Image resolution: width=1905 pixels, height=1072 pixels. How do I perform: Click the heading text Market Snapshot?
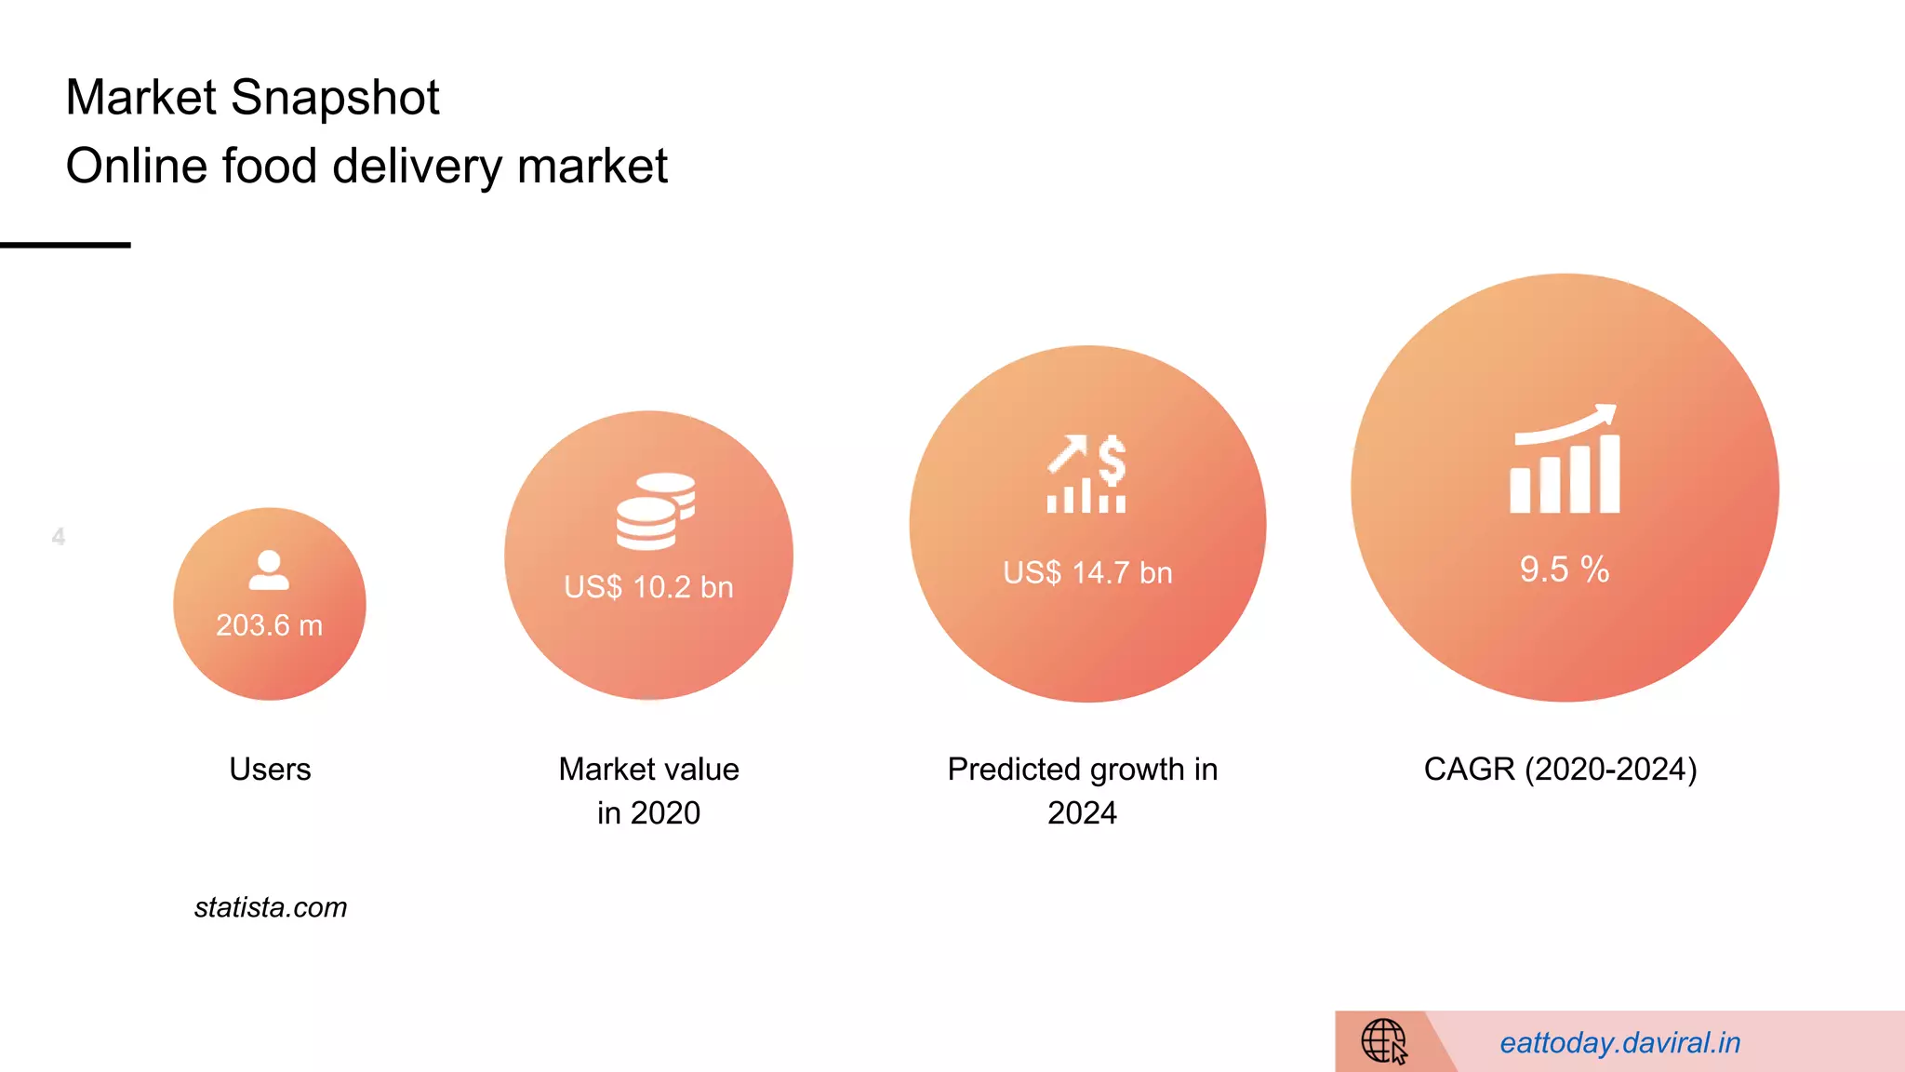point(252,98)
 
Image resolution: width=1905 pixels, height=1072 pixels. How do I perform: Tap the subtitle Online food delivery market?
point(366,167)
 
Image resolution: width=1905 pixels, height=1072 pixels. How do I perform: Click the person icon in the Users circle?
point(269,570)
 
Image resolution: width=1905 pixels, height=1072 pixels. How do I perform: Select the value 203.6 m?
point(269,625)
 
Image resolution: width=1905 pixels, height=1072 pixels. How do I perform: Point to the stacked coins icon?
point(655,511)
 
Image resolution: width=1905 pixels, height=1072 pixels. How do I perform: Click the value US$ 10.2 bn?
point(648,587)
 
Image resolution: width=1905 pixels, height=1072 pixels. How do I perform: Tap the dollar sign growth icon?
point(1086,474)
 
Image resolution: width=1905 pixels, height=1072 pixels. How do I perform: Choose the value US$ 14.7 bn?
point(1087,572)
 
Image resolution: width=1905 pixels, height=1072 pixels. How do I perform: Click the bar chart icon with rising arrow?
point(1565,460)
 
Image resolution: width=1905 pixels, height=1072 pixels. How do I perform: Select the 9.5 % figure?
point(1565,569)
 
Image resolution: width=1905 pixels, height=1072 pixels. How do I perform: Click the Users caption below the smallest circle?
point(270,770)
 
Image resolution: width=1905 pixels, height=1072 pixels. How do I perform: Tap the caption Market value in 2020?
point(648,791)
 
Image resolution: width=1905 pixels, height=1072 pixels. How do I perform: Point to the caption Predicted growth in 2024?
point(1082,791)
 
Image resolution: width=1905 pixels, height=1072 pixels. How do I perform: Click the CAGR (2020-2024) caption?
point(1560,770)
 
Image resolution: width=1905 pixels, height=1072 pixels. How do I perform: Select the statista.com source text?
point(271,907)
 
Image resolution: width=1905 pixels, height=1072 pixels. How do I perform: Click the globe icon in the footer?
point(1384,1040)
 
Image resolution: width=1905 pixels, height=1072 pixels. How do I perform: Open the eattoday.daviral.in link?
point(1619,1043)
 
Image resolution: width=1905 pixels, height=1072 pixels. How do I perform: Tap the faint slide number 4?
point(59,537)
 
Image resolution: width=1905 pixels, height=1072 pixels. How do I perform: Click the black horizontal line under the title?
point(65,245)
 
